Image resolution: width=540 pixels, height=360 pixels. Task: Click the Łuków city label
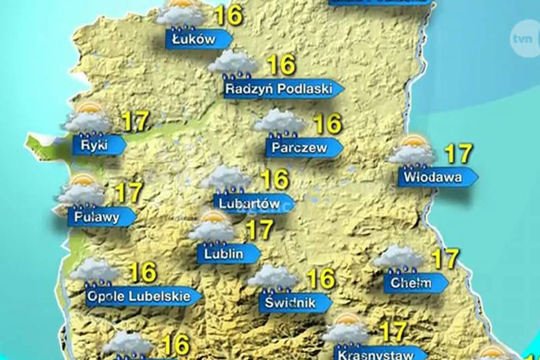point(194,39)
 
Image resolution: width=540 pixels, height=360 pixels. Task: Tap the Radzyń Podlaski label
point(279,89)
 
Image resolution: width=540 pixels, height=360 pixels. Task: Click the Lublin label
point(225,253)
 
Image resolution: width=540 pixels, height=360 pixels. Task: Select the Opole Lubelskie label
point(140,297)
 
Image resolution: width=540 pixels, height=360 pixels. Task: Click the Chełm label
point(411,283)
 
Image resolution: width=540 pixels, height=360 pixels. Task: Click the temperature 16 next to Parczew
point(327,124)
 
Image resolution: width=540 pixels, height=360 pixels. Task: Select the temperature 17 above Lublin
point(260,230)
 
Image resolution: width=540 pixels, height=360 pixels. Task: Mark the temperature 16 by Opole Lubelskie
point(143,272)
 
